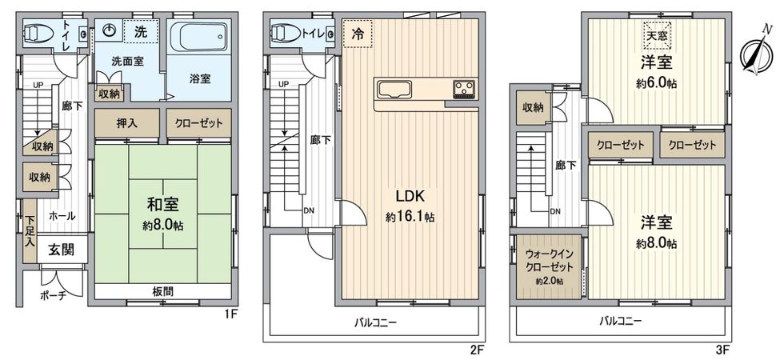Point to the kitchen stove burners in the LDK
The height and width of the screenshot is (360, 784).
pos(464,89)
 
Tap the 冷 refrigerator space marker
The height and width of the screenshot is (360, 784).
pos(356,34)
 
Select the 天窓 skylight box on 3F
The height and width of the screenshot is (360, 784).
pos(656,34)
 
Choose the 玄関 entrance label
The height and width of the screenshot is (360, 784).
pos(55,250)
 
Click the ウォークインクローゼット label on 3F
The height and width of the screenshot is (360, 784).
pos(544,261)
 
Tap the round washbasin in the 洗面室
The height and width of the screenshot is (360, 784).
pos(111,32)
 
